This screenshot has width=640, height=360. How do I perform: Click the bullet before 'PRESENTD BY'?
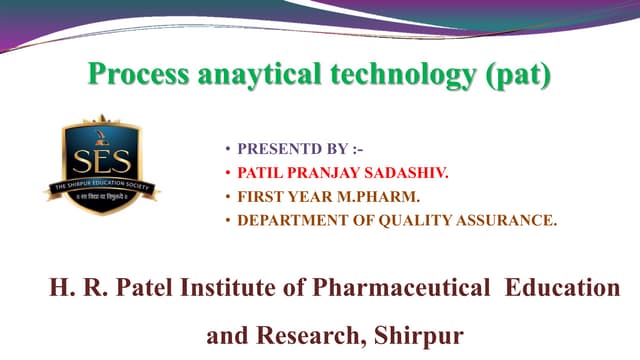[x=227, y=150]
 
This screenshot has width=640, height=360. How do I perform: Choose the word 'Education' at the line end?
[x=563, y=289]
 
